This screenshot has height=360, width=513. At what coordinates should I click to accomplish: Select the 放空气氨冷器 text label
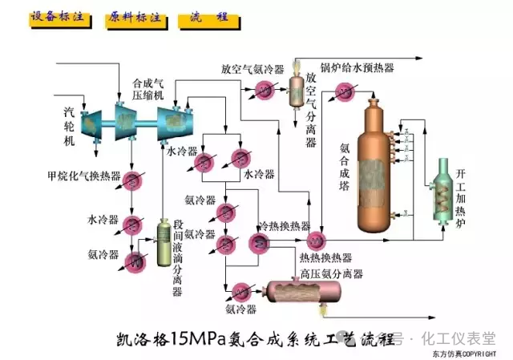(x=253, y=68)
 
